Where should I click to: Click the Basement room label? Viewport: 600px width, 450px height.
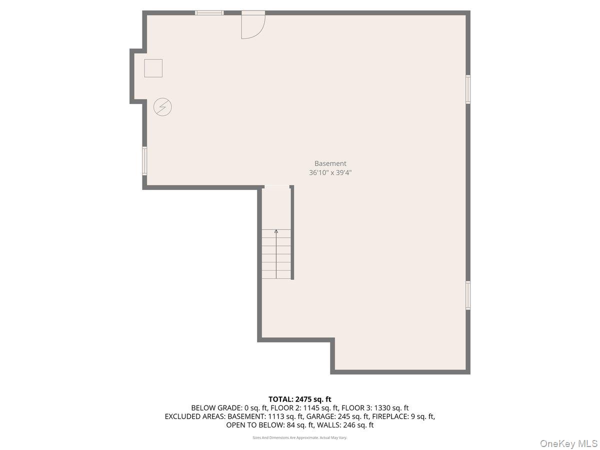(x=330, y=163)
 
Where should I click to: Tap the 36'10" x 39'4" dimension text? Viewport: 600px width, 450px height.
(x=334, y=173)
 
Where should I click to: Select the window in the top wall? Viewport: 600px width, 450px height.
(x=209, y=13)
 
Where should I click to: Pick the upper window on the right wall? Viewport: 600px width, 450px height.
(x=468, y=89)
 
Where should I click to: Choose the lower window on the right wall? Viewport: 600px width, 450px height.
(x=468, y=295)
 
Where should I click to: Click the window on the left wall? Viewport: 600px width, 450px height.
(x=144, y=160)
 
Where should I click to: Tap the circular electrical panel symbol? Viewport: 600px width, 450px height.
(x=162, y=107)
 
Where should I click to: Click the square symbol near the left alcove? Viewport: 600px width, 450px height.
(x=153, y=68)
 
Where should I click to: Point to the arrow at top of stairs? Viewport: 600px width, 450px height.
(x=276, y=231)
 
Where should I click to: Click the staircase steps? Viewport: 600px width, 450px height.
(x=276, y=255)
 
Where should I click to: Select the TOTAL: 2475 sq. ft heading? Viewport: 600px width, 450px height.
(x=300, y=399)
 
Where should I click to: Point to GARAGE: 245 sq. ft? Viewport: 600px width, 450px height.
(x=340, y=416)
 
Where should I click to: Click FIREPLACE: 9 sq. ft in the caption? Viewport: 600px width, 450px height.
(x=403, y=416)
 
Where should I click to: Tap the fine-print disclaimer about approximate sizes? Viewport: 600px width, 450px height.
(x=300, y=437)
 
